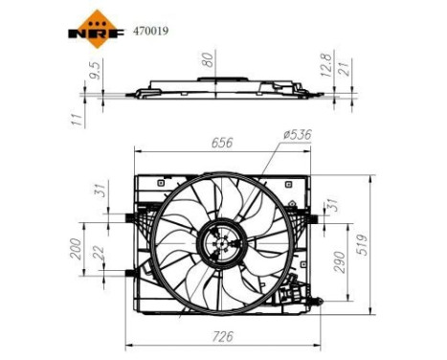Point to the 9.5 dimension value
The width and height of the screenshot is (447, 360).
(94, 70)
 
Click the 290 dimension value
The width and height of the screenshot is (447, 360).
(340, 260)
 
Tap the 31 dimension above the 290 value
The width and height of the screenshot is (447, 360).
(333, 204)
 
